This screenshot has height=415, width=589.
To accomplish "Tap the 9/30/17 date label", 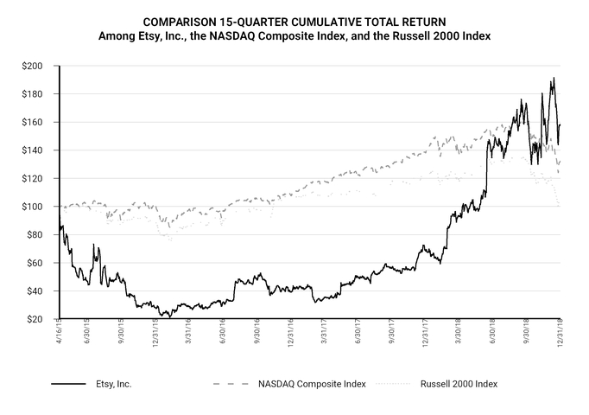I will click(393, 335).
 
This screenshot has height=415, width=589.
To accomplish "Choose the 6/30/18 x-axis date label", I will click(494, 335).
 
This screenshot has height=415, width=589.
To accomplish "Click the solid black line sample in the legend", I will click(68, 383).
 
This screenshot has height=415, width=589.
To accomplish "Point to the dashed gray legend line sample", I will click(231, 383).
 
